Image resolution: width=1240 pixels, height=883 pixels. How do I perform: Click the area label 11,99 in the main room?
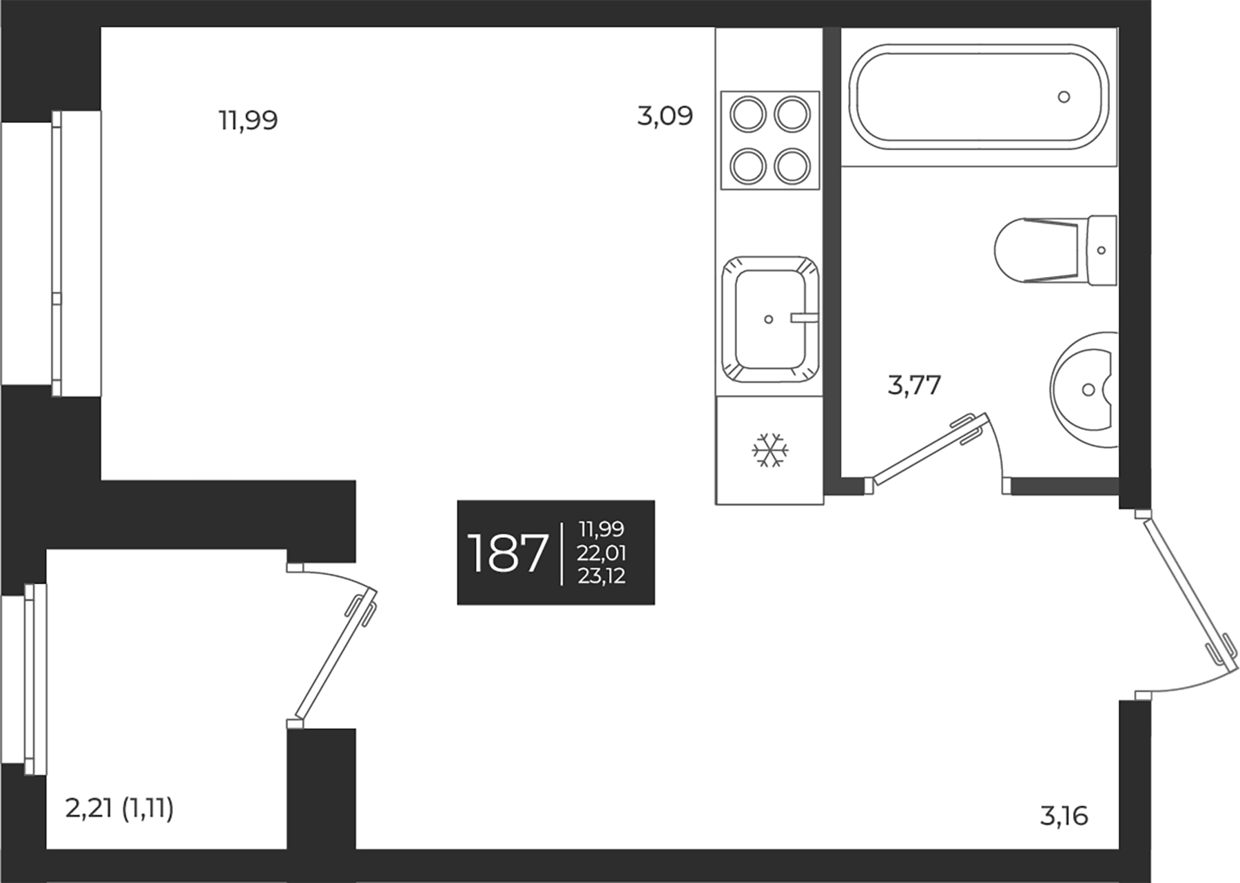[248, 121]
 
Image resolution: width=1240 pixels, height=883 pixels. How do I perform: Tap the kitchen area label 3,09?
[665, 116]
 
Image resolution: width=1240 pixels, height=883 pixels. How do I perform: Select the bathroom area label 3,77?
[914, 385]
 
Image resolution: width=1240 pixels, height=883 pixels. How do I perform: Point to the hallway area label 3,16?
[1064, 816]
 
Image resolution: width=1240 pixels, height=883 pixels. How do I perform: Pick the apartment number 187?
[507, 554]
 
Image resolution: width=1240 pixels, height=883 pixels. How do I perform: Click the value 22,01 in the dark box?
[602, 553]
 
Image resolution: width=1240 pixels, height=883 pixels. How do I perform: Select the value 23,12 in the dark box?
[602, 576]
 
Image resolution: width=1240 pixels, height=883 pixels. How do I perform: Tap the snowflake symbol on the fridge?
[769, 450]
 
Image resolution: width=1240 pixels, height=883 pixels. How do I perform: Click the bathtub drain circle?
[1064, 97]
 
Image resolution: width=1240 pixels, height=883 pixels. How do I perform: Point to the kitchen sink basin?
[769, 320]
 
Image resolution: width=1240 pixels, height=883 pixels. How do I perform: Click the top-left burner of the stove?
[748, 114]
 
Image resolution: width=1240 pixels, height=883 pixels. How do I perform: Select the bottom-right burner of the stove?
[792, 165]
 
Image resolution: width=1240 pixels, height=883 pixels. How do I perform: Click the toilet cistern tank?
[1102, 250]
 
